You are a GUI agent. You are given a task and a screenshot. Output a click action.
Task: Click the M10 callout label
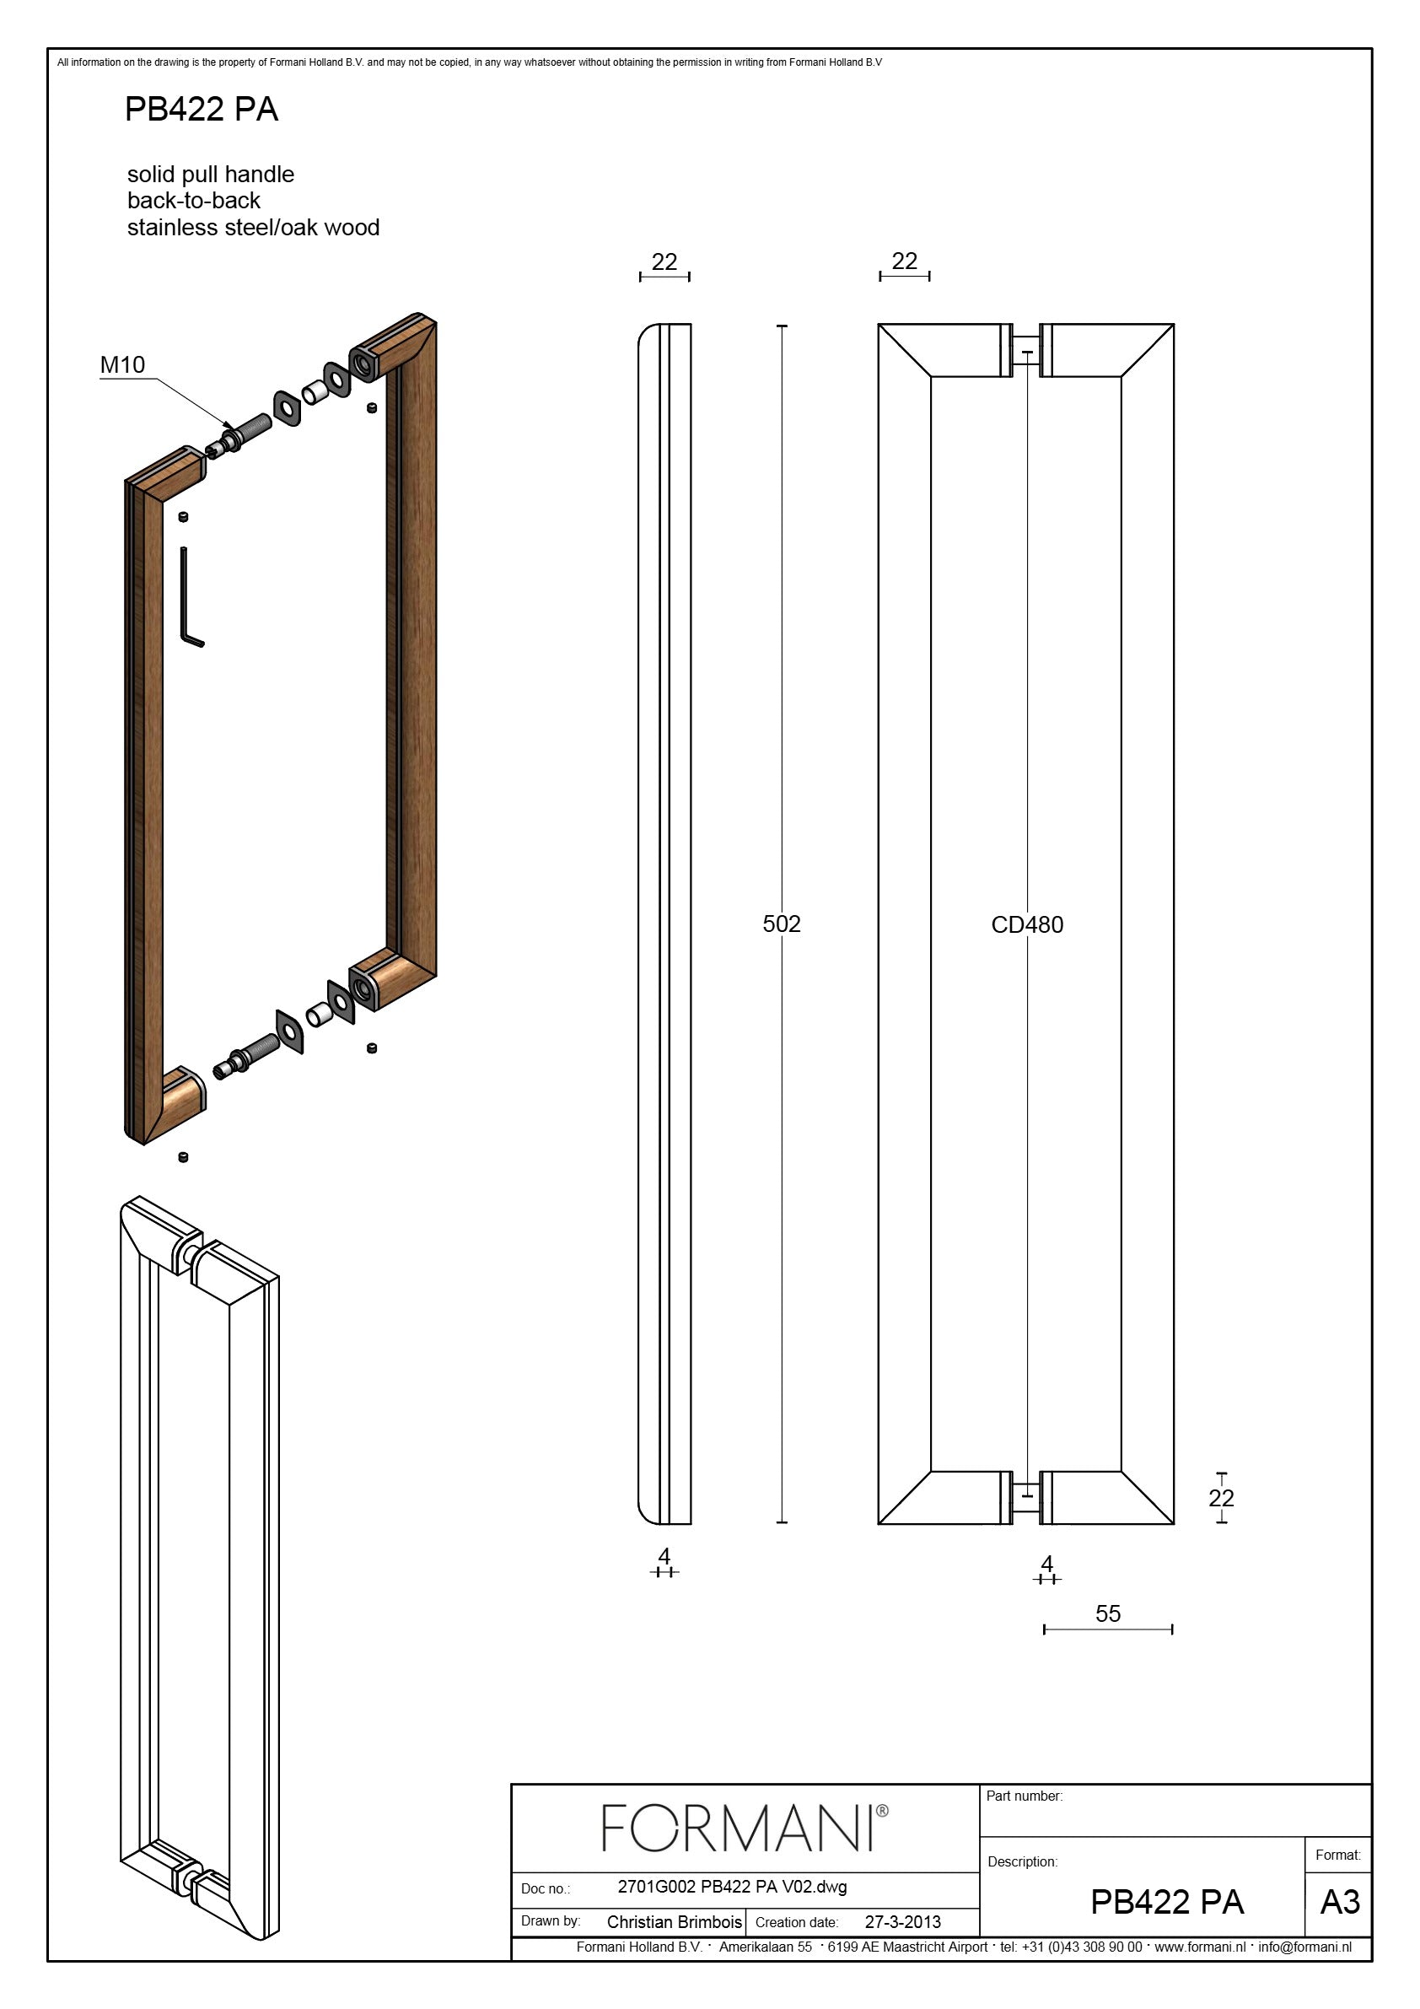pyautogui.click(x=122, y=365)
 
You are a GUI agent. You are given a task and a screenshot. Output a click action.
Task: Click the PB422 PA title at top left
pyautogui.click(x=202, y=110)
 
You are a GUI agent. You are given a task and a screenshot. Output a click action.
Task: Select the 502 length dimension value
pyautogui.click(x=782, y=924)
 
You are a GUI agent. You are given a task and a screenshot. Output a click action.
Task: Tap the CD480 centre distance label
pyautogui.click(x=1027, y=925)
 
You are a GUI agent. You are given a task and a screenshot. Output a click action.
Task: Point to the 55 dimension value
pyautogui.click(x=1108, y=1613)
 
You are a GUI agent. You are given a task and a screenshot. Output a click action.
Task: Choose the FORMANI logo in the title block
pyautogui.click(x=745, y=1828)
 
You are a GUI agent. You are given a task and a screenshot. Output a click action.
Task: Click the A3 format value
pyautogui.click(x=1340, y=1903)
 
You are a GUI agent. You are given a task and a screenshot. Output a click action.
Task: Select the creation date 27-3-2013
pyautogui.click(x=903, y=1922)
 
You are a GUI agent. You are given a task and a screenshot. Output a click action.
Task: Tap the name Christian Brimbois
pyautogui.click(x=674, y=1922)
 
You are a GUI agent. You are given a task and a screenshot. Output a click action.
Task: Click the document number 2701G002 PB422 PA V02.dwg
pyautogui.click(x=732, y=1887)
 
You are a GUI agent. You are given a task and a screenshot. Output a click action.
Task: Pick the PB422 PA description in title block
pyautogui.click(x=1167, y=1902)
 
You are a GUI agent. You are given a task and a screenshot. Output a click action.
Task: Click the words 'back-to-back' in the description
pyautogui.click(x=193, y=201)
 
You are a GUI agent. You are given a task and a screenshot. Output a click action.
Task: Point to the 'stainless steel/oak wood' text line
pyautogui.click(x=253, y=228)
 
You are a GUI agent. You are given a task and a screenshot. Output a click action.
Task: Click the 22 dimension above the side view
pyautogui.click(x=664, y=261)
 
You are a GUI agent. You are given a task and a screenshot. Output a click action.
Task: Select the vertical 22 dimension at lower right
pyautogui.click(x=1221, y=1498)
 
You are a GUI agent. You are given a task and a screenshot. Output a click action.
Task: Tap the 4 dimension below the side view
pyautogui.click(x=664, y=1557)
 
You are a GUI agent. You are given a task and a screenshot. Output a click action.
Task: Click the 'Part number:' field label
pyautogui.click(x=1025, y=1796)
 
